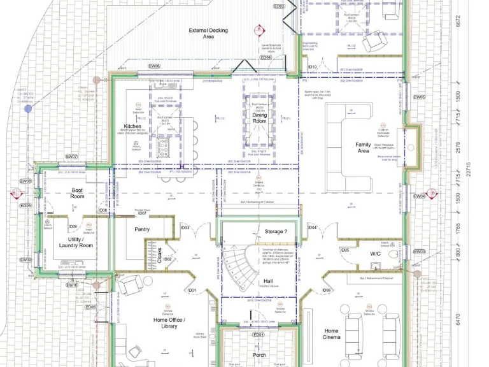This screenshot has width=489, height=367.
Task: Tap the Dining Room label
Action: (259, 117)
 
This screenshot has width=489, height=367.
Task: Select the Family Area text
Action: (363, 148)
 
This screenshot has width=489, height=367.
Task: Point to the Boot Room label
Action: (78, 193)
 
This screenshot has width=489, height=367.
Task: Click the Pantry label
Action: (141, 229)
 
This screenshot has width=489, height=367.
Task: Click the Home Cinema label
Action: (332, 335)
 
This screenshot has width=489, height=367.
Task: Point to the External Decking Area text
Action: (209, 34)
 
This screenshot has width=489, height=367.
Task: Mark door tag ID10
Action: (312, 67)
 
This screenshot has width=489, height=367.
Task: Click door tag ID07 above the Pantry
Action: (142, 213)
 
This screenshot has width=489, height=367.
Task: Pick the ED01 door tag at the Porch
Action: (258, 335)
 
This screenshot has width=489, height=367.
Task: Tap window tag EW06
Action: (154, 66)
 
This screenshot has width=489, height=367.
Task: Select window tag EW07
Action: (71, 156)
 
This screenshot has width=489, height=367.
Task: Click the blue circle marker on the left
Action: (28, 109)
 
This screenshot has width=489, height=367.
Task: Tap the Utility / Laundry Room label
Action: (76, 242)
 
